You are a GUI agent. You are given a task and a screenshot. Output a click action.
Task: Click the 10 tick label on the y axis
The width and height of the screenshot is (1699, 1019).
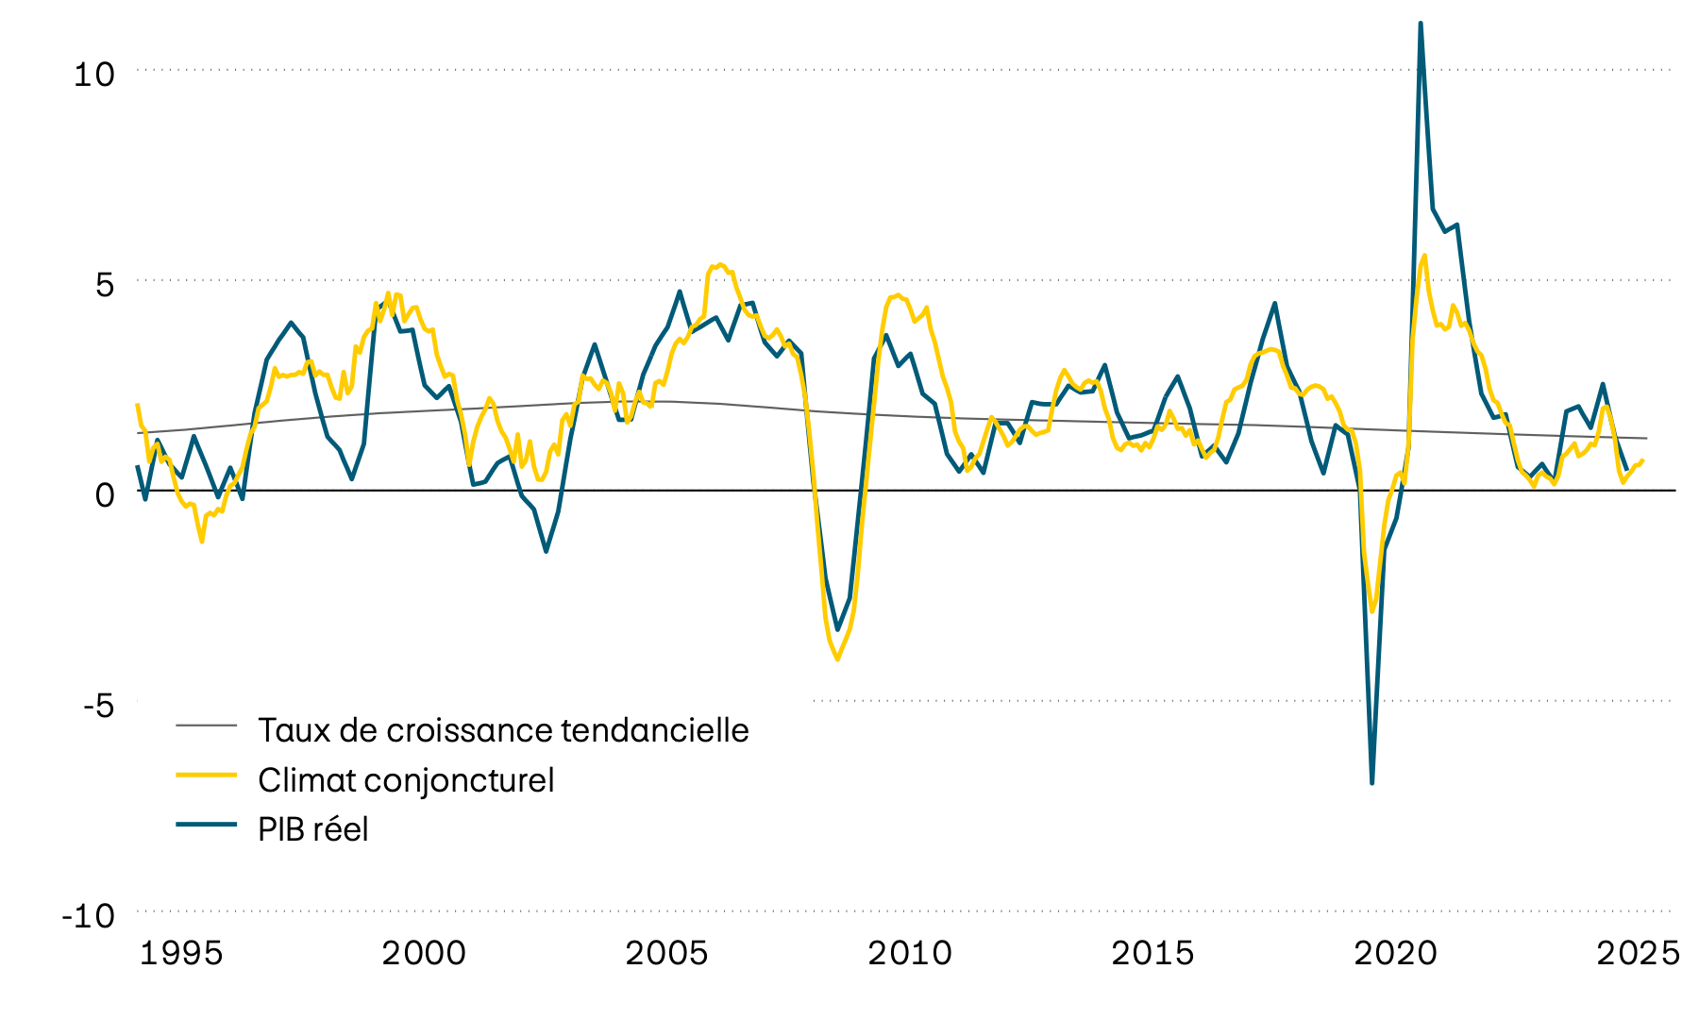pyautogui.click(x=93, y=75)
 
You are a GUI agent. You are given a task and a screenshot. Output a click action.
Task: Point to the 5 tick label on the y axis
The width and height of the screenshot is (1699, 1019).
pyautogui.click(x=104, y=285)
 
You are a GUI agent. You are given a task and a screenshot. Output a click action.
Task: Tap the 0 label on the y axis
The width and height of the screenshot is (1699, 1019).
pyautogui.click(x=104, y=494)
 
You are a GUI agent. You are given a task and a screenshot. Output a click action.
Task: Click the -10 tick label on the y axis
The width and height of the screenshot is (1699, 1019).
pyautogui.click(x=88, y=915)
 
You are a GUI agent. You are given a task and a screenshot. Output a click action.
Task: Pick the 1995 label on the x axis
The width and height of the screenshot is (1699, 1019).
pyautogui.click(x=181, y=953)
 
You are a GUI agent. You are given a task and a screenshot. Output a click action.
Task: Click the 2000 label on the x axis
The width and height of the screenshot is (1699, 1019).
pyautogui.click(x=424, y=953)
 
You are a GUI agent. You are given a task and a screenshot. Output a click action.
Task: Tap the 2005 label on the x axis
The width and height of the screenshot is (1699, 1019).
pyautogui.click(x=666, y=953)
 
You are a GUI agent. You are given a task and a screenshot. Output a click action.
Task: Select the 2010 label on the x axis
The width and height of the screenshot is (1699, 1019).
pyautogui.click(x=910, y=953)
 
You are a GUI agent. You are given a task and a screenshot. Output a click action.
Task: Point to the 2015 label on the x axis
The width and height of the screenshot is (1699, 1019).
pyautogui.click(x=1152, y=953)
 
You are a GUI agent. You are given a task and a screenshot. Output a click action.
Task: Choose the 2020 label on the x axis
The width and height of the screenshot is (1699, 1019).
pyautogui.click(x=1395, y=953)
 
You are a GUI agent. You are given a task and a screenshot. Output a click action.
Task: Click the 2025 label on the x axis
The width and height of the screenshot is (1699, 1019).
pyautogui.click(x=1638, y=953)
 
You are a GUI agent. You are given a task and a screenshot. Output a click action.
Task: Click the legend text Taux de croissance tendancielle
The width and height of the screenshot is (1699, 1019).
pyautogui.click(x=503, y=730)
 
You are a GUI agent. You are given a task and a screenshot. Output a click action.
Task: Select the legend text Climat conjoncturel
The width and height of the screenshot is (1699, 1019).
pyautogui.click(x=406, y=780)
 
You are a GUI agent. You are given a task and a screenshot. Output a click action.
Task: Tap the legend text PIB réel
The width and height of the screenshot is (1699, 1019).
pyautogui.click(x=313, y=829)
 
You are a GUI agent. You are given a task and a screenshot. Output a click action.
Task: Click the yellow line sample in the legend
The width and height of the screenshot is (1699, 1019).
pyautogui.click(x=206, y=775)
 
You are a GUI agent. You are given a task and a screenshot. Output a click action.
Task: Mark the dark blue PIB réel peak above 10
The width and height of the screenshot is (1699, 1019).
pyautogui.click(x=1421, y=24)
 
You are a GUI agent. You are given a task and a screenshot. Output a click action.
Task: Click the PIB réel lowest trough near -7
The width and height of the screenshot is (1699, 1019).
pyautogui.click(x=1371, y=782)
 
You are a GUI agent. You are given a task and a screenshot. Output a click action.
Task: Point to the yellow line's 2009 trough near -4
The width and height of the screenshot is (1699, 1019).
pyautogui.click(x=837, y=659)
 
